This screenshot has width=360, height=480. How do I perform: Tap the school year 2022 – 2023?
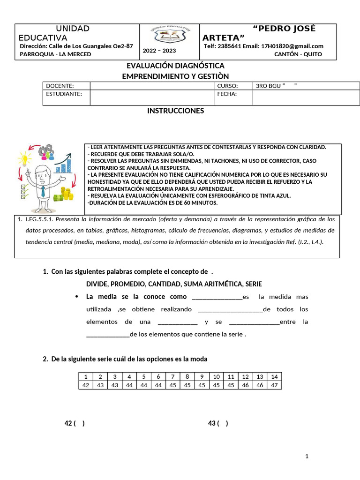(159, 51)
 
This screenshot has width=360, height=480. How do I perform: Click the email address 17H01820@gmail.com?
(293, 46)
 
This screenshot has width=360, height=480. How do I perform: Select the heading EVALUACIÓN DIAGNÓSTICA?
(176, 66)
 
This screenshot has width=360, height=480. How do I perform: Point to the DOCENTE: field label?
(60, 86)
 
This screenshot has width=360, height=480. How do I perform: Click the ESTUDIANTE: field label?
(64, 94)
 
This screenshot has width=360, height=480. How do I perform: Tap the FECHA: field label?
(227, 94)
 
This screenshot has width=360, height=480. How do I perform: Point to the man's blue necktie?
(43, 190)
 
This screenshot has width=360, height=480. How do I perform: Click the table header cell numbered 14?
(274, 376)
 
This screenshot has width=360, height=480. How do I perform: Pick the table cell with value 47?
(274, 385)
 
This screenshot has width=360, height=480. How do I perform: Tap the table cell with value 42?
(85, 385)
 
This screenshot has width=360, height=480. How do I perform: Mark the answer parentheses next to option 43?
(223, 423)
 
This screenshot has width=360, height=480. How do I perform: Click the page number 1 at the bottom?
(307, 456)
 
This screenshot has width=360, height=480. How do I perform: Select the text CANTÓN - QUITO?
(298, 54)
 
